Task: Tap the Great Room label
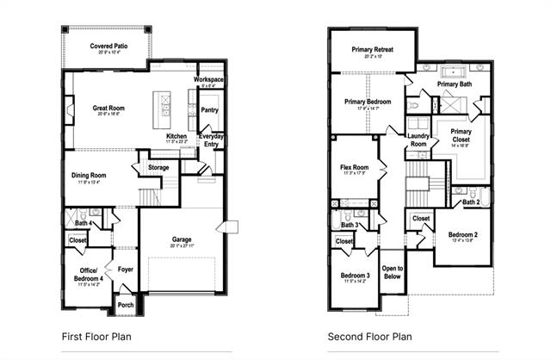108,109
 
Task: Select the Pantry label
208,110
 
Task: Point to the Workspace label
208,79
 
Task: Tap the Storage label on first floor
158,167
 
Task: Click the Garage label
181,239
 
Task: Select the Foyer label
126,268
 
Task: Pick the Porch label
126,304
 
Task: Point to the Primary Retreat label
373,50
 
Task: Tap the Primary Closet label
461,136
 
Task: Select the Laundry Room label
418,140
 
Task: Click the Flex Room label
354,167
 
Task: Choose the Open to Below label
393,272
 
